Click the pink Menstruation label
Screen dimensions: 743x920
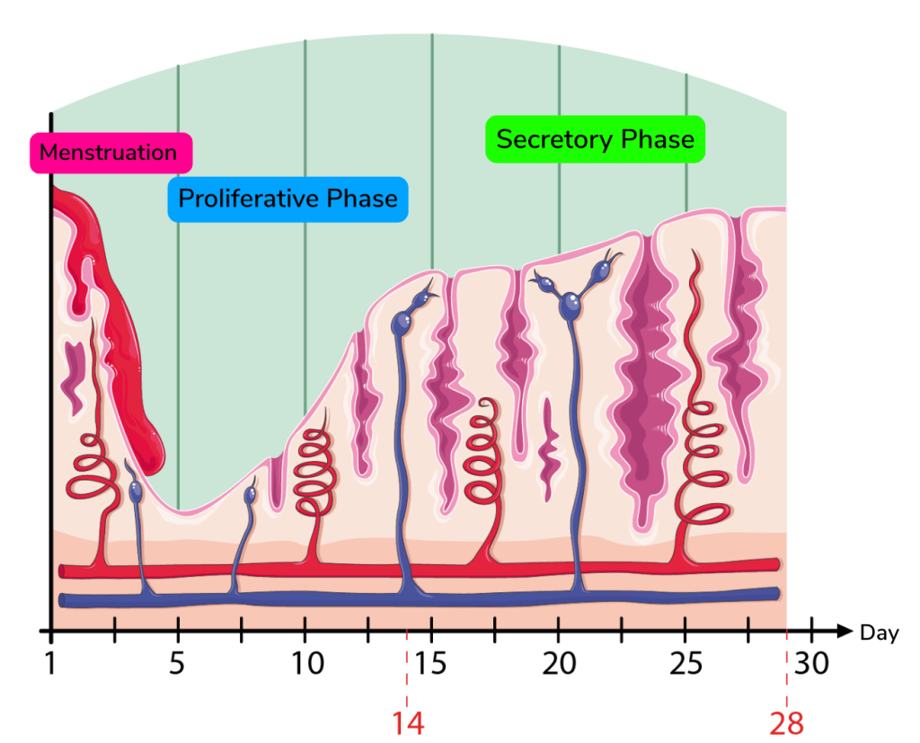coord(109,153)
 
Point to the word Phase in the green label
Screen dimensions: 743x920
coord(661,140)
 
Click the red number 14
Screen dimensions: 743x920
coord(407,722)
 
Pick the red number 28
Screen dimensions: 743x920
coord(786,722)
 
